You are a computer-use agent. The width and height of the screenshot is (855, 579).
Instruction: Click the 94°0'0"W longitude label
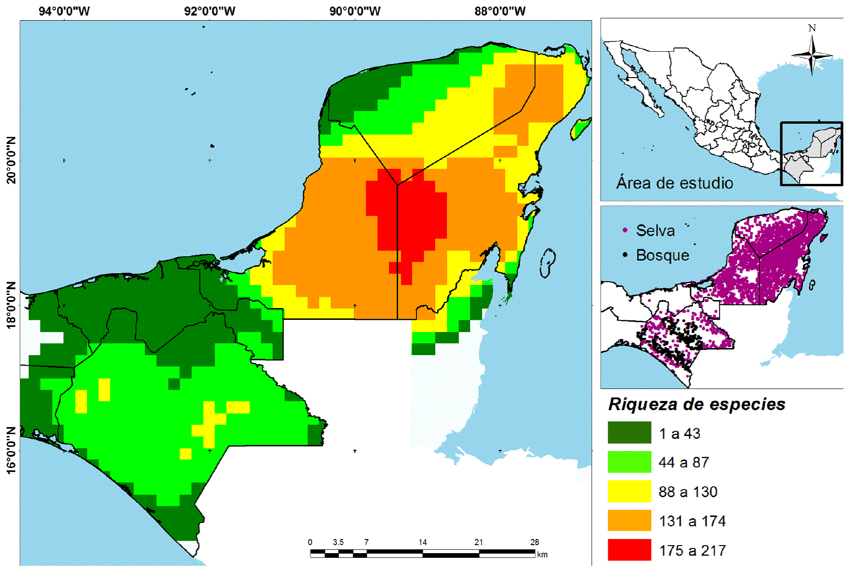point(64,11)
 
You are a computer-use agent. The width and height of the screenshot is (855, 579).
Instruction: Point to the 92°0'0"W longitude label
point(209,11)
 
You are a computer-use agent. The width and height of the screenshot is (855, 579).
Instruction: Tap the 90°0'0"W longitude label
point(355,11)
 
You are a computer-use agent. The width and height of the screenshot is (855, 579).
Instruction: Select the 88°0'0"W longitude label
point(500,11)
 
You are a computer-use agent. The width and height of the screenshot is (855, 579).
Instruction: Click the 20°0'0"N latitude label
point(11,160)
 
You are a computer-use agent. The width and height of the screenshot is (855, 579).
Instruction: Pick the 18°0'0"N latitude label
point(11,305)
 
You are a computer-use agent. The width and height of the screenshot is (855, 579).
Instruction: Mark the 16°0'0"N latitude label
point(11,450)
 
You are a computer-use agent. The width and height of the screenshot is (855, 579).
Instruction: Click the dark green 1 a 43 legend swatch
point(629,433)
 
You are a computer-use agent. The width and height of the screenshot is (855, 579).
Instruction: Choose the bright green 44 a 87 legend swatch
point(629,462)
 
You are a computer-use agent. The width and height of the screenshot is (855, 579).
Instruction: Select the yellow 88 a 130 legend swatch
point(629,492)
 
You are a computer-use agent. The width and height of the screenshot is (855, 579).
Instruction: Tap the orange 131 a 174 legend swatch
point(629,521)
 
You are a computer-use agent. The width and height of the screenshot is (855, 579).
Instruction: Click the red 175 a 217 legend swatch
point(629,550)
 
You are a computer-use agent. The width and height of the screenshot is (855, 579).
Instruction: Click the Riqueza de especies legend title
point(697,405)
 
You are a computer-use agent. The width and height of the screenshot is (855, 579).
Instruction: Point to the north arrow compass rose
point(812,54)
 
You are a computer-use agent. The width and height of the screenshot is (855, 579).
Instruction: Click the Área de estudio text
point(675,183)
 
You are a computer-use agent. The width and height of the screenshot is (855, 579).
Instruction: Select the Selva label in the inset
point(655,231)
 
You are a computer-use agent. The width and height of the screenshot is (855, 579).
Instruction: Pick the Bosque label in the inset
point(662,255)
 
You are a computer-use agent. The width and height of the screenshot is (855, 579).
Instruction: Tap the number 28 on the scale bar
point(534,542)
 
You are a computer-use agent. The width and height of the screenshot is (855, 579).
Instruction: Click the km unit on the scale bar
point(542,555)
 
